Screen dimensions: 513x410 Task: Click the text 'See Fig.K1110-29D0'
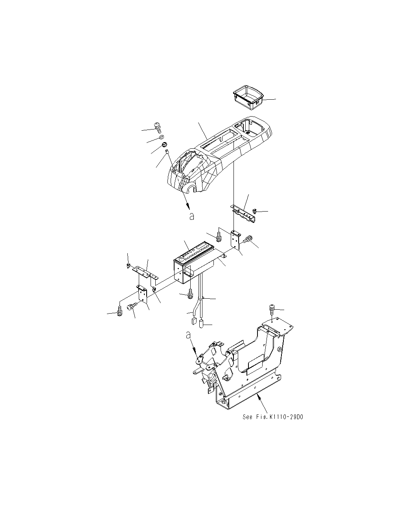coord(273,417)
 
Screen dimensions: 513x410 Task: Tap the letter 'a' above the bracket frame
coord(188,335)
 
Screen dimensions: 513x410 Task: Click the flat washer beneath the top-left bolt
coord(161,137)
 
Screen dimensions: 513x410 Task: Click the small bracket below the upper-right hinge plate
coord(237,239)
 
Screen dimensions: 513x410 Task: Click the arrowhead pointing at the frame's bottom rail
coord(257,397)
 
